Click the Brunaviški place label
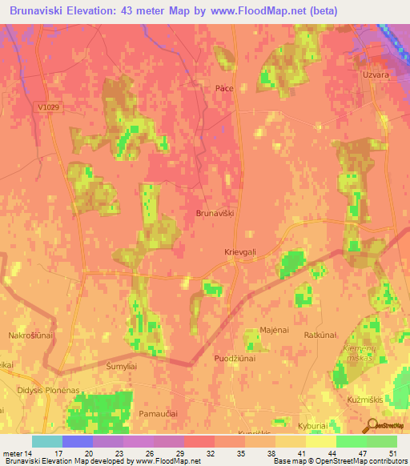(215, 214)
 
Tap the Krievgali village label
(240, 251)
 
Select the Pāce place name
(223, 88)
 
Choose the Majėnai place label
(273, 330)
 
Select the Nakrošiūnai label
(30, 335)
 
